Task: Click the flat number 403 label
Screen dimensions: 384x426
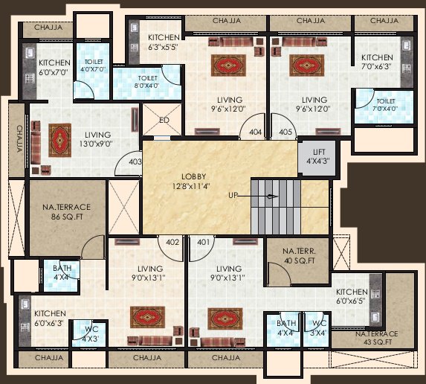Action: pos(135,160)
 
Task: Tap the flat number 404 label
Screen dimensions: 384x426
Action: pos(256,132)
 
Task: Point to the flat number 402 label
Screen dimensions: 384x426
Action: pos(172,242)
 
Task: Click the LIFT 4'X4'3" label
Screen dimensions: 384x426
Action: pos(312,155)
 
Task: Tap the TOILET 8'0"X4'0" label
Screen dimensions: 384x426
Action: pos(147,81)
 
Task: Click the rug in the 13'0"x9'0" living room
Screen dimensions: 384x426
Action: pos(59,135)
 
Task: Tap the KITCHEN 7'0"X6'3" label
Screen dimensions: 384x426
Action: pos(378,63)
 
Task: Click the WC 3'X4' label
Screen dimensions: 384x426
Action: pos(318,328)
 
